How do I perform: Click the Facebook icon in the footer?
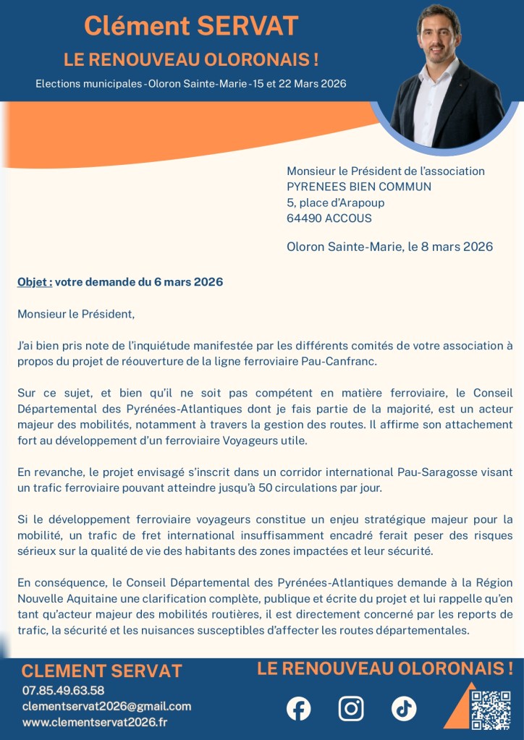pos(298,708)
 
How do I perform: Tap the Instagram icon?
pos(351,708)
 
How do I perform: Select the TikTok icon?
pos(404,708)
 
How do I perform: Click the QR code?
pos(490,710)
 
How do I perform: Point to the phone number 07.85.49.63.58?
pos(63,690)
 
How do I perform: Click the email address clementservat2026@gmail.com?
pos(106,706)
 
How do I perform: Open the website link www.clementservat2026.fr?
pos(95,722)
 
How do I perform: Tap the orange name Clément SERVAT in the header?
pos(191,26)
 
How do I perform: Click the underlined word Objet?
pos(34,282)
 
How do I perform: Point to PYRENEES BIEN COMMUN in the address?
pos(359,187)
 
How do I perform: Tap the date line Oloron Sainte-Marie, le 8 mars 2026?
pos(389,247)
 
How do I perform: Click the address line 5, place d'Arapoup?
pos(336,203)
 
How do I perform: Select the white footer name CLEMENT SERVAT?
pos(101,671)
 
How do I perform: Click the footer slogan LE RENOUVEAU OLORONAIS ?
pos(385,668)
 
